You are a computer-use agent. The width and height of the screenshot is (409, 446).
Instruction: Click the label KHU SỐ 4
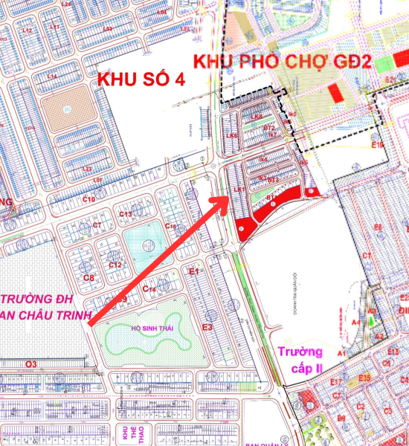click(x=141, y=77)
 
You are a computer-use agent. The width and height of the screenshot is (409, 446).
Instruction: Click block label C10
click(x=89, y=199)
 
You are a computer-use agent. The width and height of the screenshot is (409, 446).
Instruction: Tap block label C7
click(x=97, y=224)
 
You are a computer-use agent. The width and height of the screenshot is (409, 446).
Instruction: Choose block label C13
click(x=126, y=214)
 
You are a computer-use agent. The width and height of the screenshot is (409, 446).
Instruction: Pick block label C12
click(x=115, y=265)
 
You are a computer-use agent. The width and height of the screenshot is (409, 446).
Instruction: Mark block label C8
click(x=88, y=277)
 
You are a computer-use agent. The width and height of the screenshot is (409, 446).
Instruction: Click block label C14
click(x=148, y=289)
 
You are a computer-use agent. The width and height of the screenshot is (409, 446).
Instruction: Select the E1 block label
click(x=194, y=272)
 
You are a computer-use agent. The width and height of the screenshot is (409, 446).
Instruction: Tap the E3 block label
click(x=207, y=326)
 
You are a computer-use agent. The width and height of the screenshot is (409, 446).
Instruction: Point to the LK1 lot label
click(x=239, y=190)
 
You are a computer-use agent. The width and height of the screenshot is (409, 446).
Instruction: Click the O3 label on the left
click(x=30, y=364)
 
